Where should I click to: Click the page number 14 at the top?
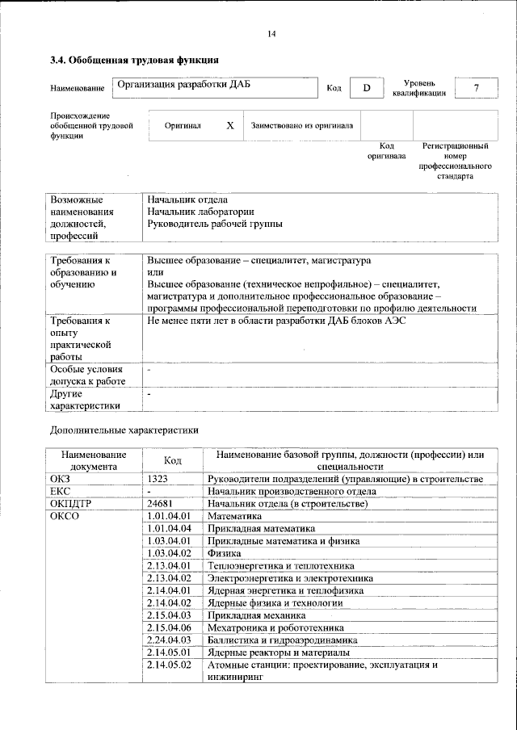tap(271, 33)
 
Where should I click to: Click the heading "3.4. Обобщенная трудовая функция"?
tap(133, 60)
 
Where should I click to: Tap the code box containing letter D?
tap(366, 88)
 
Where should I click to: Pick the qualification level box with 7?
tap(476, 88)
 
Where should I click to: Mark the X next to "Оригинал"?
tap(229, 126)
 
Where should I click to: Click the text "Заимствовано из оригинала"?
tap(302, 126)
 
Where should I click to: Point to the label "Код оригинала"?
tap(386, 151)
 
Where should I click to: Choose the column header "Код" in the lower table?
tap(172, 459)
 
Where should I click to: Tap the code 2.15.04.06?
tap(169, 627)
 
